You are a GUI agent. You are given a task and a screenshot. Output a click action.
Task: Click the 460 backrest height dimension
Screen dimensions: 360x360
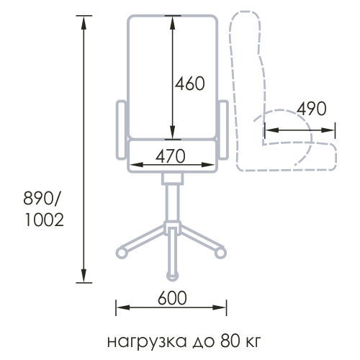(x=189, y=84)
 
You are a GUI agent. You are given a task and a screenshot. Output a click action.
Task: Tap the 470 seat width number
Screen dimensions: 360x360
(x=171, y=156)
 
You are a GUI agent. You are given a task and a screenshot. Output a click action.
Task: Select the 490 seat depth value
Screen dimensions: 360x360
(x=312, y=109)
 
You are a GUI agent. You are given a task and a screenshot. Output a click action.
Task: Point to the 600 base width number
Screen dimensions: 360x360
(x=172, y=298)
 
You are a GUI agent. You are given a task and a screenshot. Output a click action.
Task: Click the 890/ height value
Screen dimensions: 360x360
(x=41, y=199)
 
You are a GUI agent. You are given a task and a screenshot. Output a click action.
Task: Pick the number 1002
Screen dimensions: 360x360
(x=45, y=220)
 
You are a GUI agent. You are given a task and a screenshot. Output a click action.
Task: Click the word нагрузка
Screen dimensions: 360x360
(x=147, y=342)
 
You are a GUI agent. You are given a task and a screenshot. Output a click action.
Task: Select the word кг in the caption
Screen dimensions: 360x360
(x=253, y=342)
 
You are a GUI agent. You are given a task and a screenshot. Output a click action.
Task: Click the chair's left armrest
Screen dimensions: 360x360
(x=121, y=130)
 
